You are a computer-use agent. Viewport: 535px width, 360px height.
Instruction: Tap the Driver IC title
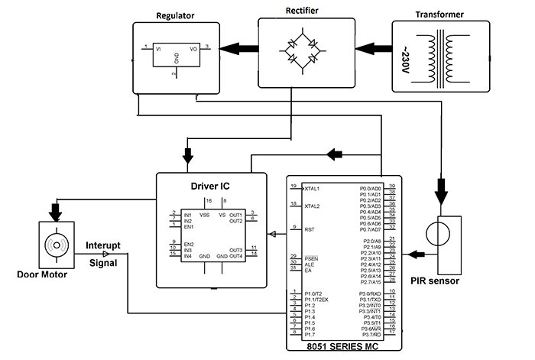[211, 185]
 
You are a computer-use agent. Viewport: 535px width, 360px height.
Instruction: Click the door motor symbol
[56, 244]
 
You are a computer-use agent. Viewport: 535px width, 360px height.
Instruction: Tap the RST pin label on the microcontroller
[309, 228]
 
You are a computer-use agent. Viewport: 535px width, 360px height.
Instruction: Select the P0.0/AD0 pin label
[374, 187]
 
